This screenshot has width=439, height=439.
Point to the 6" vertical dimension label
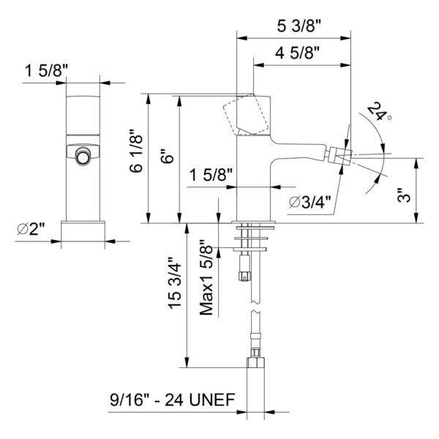(168, 159)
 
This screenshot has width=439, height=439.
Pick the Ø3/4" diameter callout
(309, 202)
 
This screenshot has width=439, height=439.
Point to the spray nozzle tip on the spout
(340, 155)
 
